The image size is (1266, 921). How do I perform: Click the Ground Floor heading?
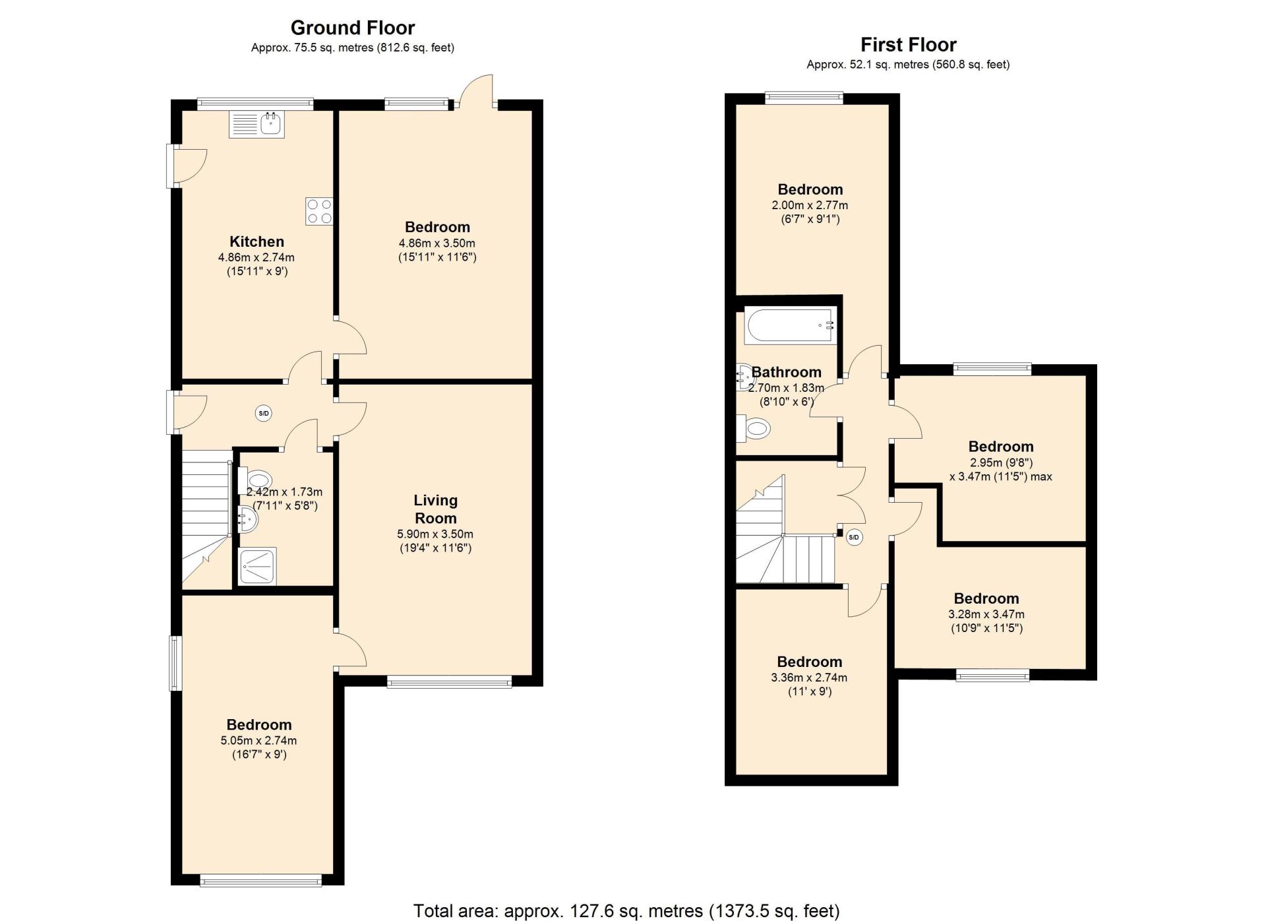coord(353,28)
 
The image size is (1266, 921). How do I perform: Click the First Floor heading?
coord(908,45)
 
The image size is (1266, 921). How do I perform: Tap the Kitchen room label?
coord(256,241)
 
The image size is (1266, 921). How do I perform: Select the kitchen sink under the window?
coord(257,124)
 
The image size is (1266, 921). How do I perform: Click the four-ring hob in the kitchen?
coord(319,211)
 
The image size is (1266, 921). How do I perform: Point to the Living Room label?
coord(435,509)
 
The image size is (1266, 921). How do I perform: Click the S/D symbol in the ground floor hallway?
coord(264,414)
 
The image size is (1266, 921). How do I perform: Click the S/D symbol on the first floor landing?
coord(854,537)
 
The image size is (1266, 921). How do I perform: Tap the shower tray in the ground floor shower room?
coord(258,566)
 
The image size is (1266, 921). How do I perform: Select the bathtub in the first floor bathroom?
coord(791,325)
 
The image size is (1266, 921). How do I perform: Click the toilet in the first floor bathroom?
coord(754,429)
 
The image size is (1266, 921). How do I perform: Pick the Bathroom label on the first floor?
coord(787,372)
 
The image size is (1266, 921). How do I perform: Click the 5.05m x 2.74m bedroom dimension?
coord(258,741)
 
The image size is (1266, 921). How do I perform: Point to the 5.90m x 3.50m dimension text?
coord(435,534)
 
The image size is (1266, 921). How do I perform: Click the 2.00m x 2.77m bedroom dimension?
coord(810,205)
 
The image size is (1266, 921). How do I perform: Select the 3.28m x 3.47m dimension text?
coord(986,614)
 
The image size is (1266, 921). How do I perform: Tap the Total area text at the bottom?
coord(626,911)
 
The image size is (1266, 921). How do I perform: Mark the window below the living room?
coord(449,682)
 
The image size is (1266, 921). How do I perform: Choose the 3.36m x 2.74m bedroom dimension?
coord(809,678)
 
